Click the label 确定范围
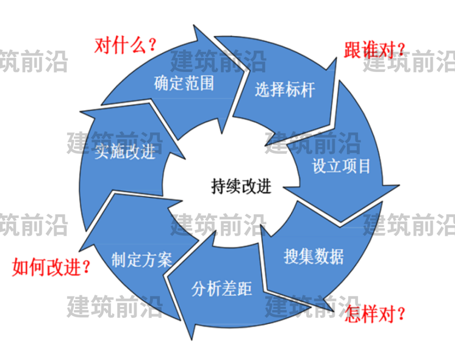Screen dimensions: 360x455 pos(184,83)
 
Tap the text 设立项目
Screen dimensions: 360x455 pos(341,166)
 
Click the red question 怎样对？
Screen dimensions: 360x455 pos(375,314)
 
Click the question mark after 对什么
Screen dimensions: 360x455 pos(152,45)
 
